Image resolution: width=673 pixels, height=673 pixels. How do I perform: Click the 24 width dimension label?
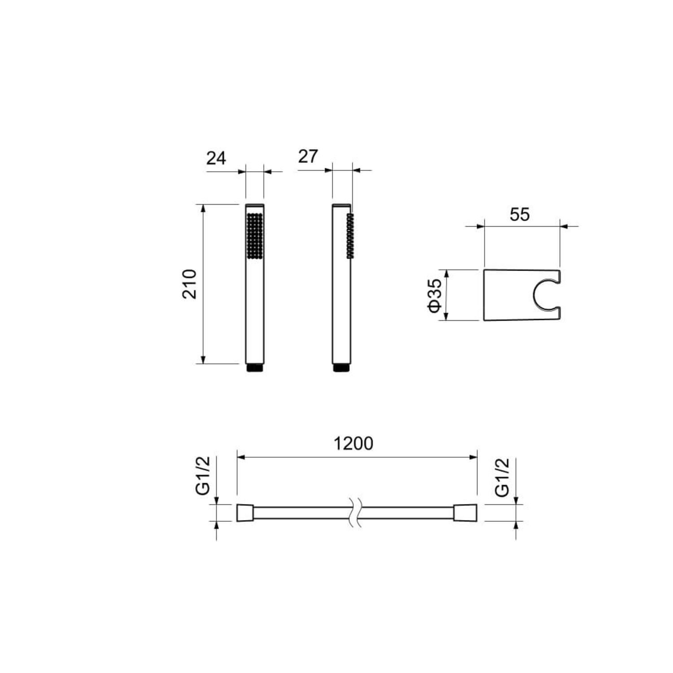(x=216, y=158)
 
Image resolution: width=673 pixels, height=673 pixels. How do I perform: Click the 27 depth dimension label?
(x=308, y=156)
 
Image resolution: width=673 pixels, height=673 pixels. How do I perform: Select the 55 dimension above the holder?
(x=520, y=214)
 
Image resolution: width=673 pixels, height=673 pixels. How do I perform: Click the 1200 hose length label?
(x=354, y=443)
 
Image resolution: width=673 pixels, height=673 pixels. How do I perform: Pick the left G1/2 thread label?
(x=203, y=475)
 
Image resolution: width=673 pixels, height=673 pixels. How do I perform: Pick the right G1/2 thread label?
(x=503, y=477)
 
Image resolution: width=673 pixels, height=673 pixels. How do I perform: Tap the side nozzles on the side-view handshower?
(x=350, y=236)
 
